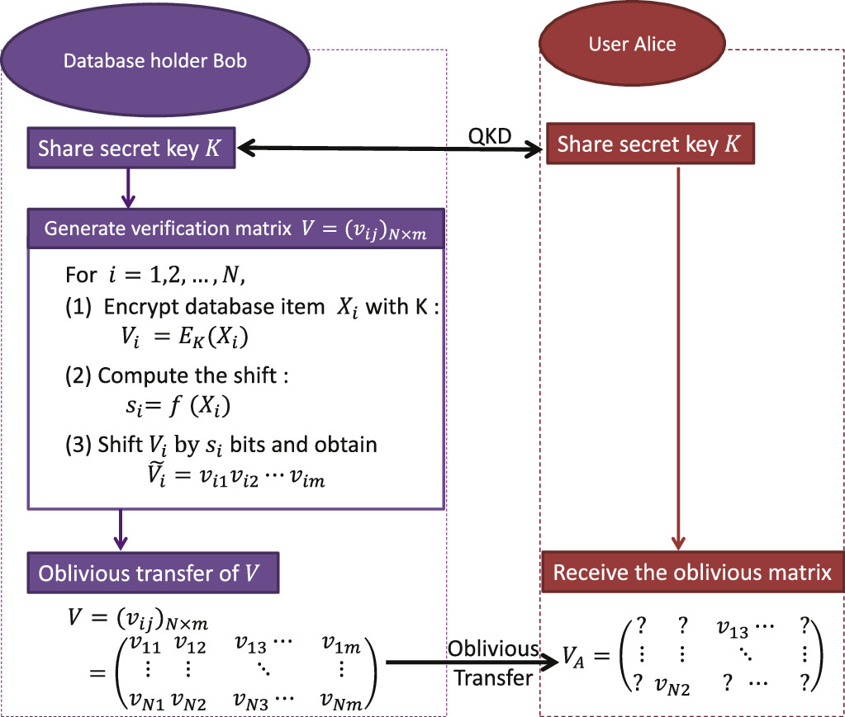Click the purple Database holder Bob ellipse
click(154, 59)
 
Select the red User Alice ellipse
click(632, 44)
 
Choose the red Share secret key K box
click(648, 145)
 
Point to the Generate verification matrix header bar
click(238, 229)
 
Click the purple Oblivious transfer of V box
click(154, 573)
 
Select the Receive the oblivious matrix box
click(692, 573)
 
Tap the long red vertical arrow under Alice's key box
click(677, 355)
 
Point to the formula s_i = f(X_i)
click(172, 403)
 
